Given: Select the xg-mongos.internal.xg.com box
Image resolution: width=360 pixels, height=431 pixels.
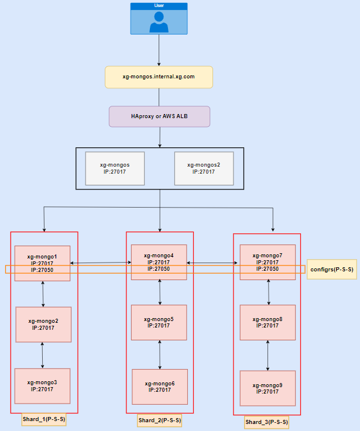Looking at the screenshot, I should click(158, 77).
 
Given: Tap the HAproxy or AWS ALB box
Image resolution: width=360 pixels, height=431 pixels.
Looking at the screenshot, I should click(159, 116).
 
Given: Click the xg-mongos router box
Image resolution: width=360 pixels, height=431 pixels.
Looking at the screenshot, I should click(115, 168).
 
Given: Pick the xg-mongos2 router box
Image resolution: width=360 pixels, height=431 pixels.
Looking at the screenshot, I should click(204, 168).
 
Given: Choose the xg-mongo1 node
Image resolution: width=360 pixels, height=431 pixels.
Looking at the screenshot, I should click(42, 263).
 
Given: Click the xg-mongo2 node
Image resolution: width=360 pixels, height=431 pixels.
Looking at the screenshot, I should click(43, 325).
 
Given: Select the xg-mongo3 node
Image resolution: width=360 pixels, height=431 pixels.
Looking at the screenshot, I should click(42, 386).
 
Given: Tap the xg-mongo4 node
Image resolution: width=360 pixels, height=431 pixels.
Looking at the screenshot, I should click(160, 262).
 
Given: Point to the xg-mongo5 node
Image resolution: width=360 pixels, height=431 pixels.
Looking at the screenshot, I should click(160, 322).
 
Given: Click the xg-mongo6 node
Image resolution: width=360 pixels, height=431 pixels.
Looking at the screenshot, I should click(160, 387).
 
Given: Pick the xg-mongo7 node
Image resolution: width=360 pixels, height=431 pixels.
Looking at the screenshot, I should click(268, 262).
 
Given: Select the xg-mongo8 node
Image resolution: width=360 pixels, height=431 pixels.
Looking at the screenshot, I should click(268, 323).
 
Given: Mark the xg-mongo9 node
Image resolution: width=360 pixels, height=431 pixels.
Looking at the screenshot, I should click(268, 388).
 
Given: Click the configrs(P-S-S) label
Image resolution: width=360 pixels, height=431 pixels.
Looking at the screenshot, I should click(331, 269).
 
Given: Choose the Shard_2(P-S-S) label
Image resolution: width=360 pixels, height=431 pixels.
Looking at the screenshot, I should click(160, 420).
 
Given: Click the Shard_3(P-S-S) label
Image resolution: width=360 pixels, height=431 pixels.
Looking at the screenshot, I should click(267, 422).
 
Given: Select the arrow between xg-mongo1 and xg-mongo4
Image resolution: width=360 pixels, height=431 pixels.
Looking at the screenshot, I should click(101, 263).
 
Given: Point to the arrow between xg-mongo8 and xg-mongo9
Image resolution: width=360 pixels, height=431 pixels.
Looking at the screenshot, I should click(268, 355).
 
